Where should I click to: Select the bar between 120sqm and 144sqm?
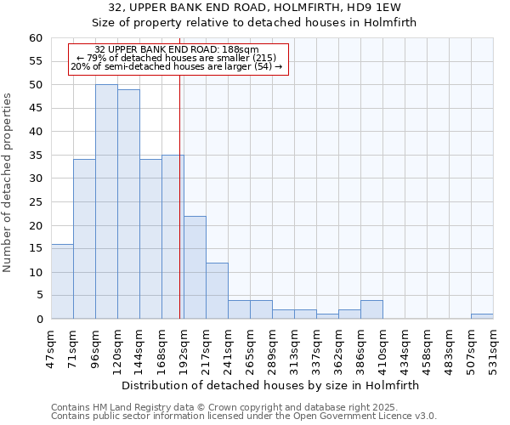coord(128,204)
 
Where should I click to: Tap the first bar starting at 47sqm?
coord(62,281)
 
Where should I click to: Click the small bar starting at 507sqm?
coord(482,316)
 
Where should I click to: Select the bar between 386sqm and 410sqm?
coord(371,309)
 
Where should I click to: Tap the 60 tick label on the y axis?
coord(35,38)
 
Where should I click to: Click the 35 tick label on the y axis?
coord(35,156)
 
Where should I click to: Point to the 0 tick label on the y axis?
coord(39,320)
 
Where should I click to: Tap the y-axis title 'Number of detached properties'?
coord(8,183)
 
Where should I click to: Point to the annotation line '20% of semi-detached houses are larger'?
coord(177,66)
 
